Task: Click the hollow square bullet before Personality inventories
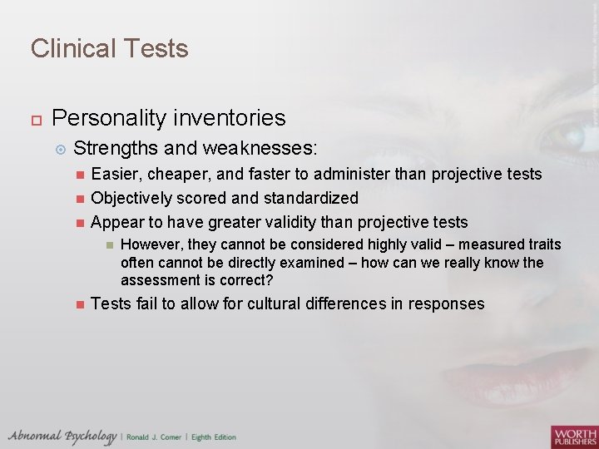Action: pos(35,119)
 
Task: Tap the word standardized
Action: pos(309,198)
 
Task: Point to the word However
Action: pos(151,244)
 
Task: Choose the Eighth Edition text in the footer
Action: pos(215,437)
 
